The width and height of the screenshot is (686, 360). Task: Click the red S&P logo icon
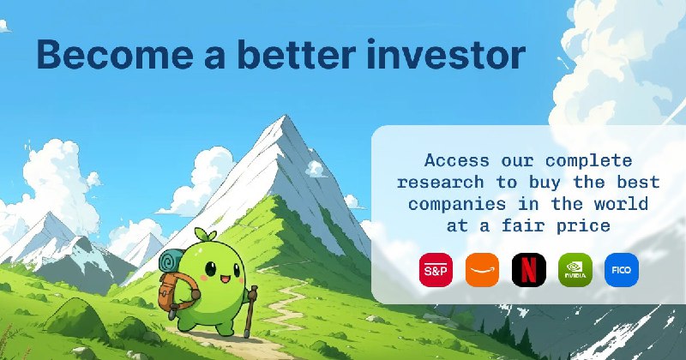click(x=435, y=270)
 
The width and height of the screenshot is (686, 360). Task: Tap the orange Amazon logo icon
click(x=482, y=270)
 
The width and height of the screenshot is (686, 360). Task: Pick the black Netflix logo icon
click(x=528, y=270)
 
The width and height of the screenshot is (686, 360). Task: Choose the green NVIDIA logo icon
click(x=575, y=270)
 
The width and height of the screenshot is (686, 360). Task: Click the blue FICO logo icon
click(x=621, y=270)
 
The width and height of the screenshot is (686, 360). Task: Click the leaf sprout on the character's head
click(x=203, y=234)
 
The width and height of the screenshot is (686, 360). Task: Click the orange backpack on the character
click(x=168, y=291)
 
